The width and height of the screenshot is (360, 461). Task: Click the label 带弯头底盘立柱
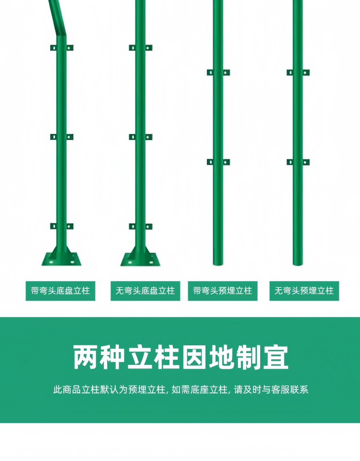[x=60, y=291]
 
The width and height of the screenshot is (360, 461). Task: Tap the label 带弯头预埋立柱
[x=222, y=291]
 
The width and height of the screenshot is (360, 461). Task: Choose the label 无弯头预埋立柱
[x=304, y=291]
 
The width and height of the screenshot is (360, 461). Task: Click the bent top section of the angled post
[x=57, y=18]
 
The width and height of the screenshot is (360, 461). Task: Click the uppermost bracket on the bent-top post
[x=62, y=48]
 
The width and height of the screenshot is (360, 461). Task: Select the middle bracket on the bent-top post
[x=62, y=137]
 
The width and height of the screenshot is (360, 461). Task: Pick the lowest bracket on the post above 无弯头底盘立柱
[x=140, y=226]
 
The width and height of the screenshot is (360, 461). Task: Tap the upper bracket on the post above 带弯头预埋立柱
[x=218, y=72]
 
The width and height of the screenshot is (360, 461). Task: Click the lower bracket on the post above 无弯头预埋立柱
[x=298, y=162]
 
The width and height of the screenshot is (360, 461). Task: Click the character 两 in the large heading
[x=87, y=358]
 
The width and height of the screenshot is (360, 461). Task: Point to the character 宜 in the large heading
[x=276, y=358]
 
